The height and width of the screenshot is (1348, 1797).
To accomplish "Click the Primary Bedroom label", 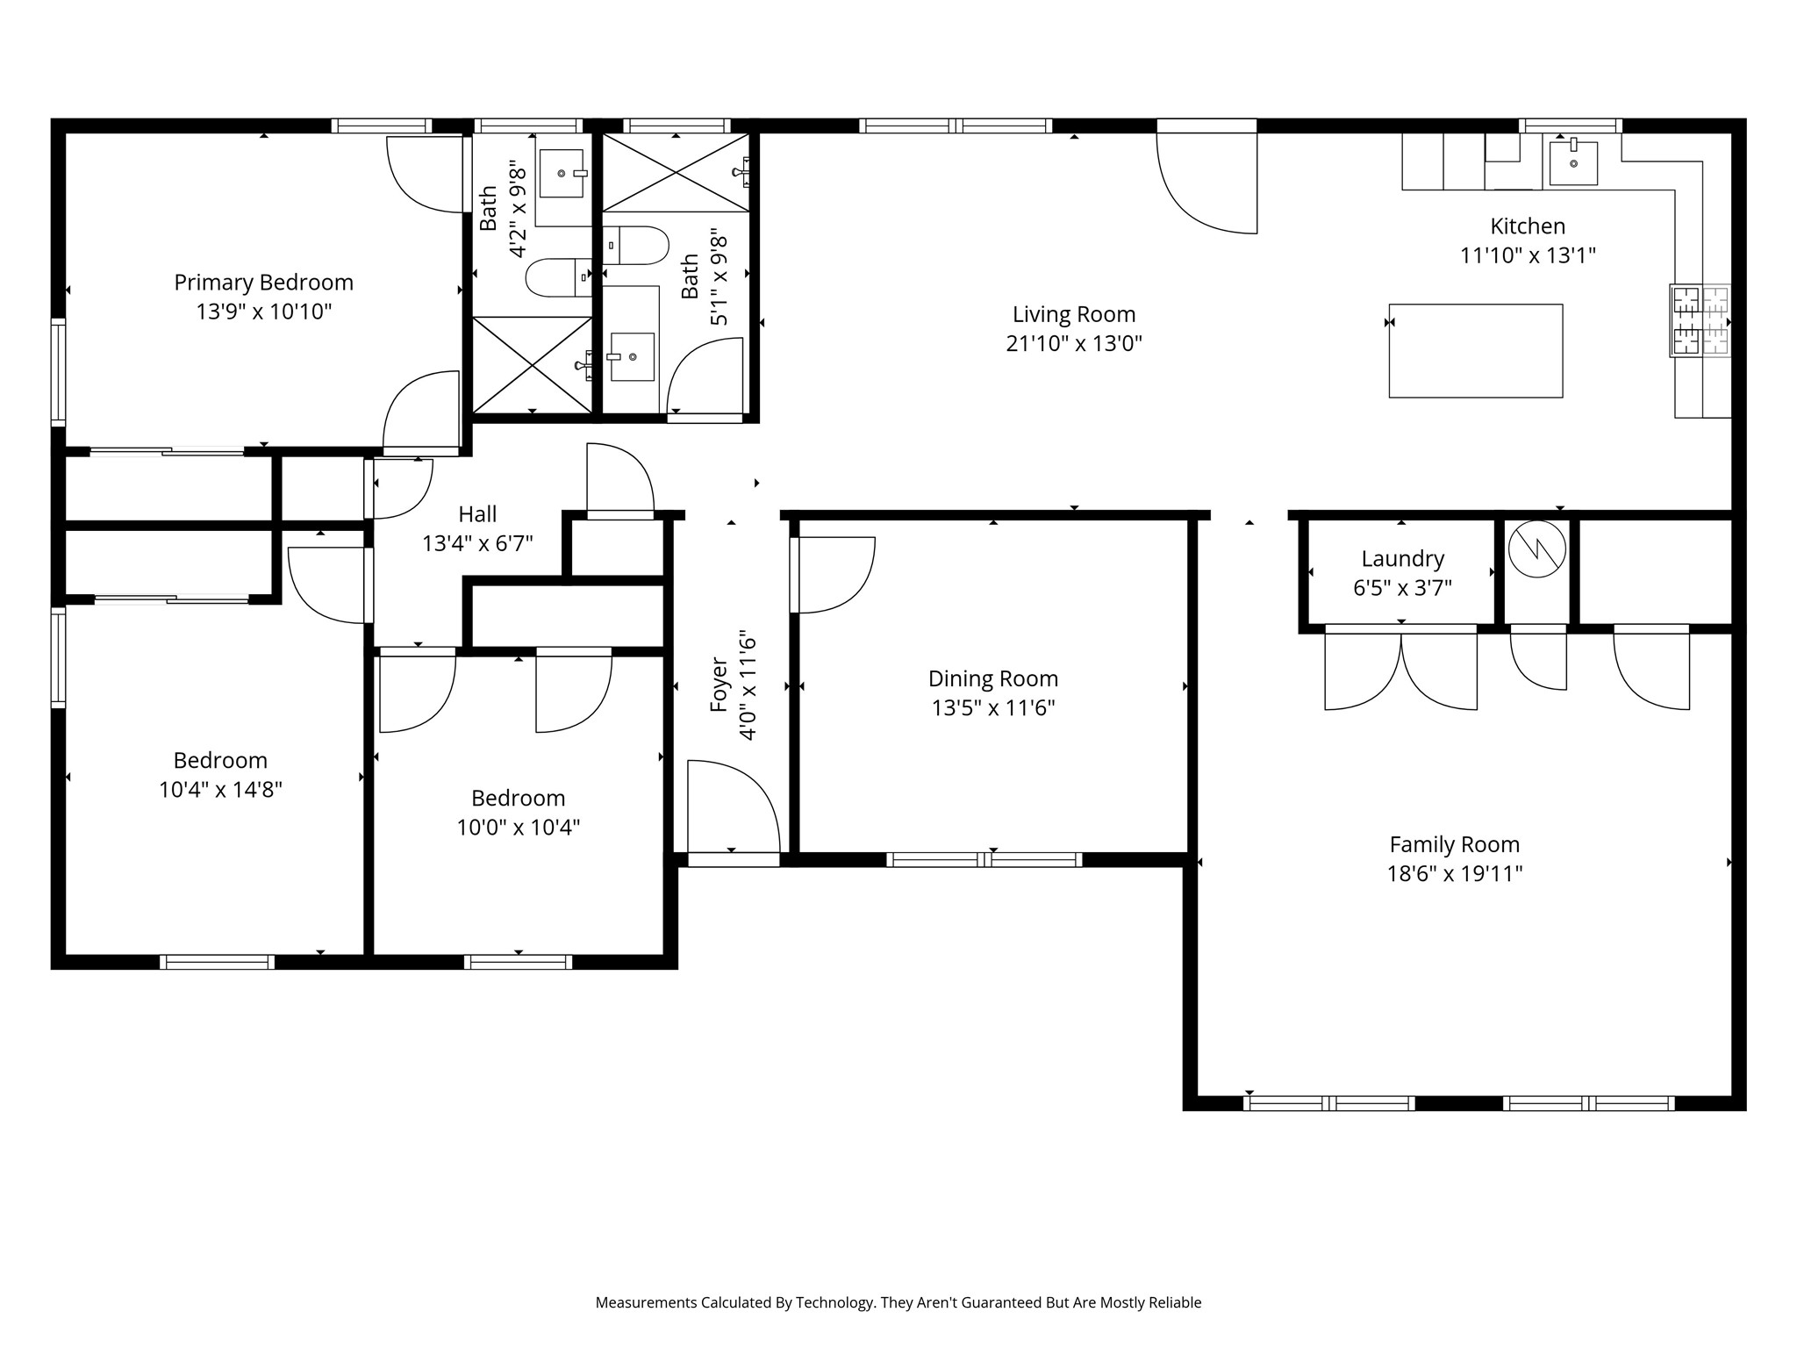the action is (263, 283).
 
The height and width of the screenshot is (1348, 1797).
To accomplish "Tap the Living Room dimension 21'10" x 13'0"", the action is (1074, 343).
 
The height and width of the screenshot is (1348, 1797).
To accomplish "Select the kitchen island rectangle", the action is (1476, 351).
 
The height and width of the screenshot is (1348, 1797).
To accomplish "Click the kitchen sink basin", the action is (1573, 163).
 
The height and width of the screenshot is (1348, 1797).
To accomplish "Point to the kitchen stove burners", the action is (1700, 321).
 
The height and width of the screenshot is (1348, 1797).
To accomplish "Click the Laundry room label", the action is (1403, 558).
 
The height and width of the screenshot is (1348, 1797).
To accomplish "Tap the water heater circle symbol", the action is (1537, 549).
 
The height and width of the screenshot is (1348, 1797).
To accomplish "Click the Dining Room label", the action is (993, 678).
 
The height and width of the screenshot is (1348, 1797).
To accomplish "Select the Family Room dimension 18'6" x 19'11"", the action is (1455, 873).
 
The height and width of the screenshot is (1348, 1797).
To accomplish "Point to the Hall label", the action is (477, 514).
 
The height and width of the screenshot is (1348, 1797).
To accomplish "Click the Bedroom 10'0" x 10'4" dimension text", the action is (519, 827).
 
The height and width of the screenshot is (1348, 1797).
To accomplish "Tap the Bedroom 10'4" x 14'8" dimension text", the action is (220, 789).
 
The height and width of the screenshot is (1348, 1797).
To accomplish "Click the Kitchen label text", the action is (1528, 226).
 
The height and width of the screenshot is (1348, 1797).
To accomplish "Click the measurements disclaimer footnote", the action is (898, 1302).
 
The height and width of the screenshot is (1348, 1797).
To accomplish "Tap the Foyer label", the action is (719, 685).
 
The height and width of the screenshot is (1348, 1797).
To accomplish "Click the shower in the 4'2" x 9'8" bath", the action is (533, 364).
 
